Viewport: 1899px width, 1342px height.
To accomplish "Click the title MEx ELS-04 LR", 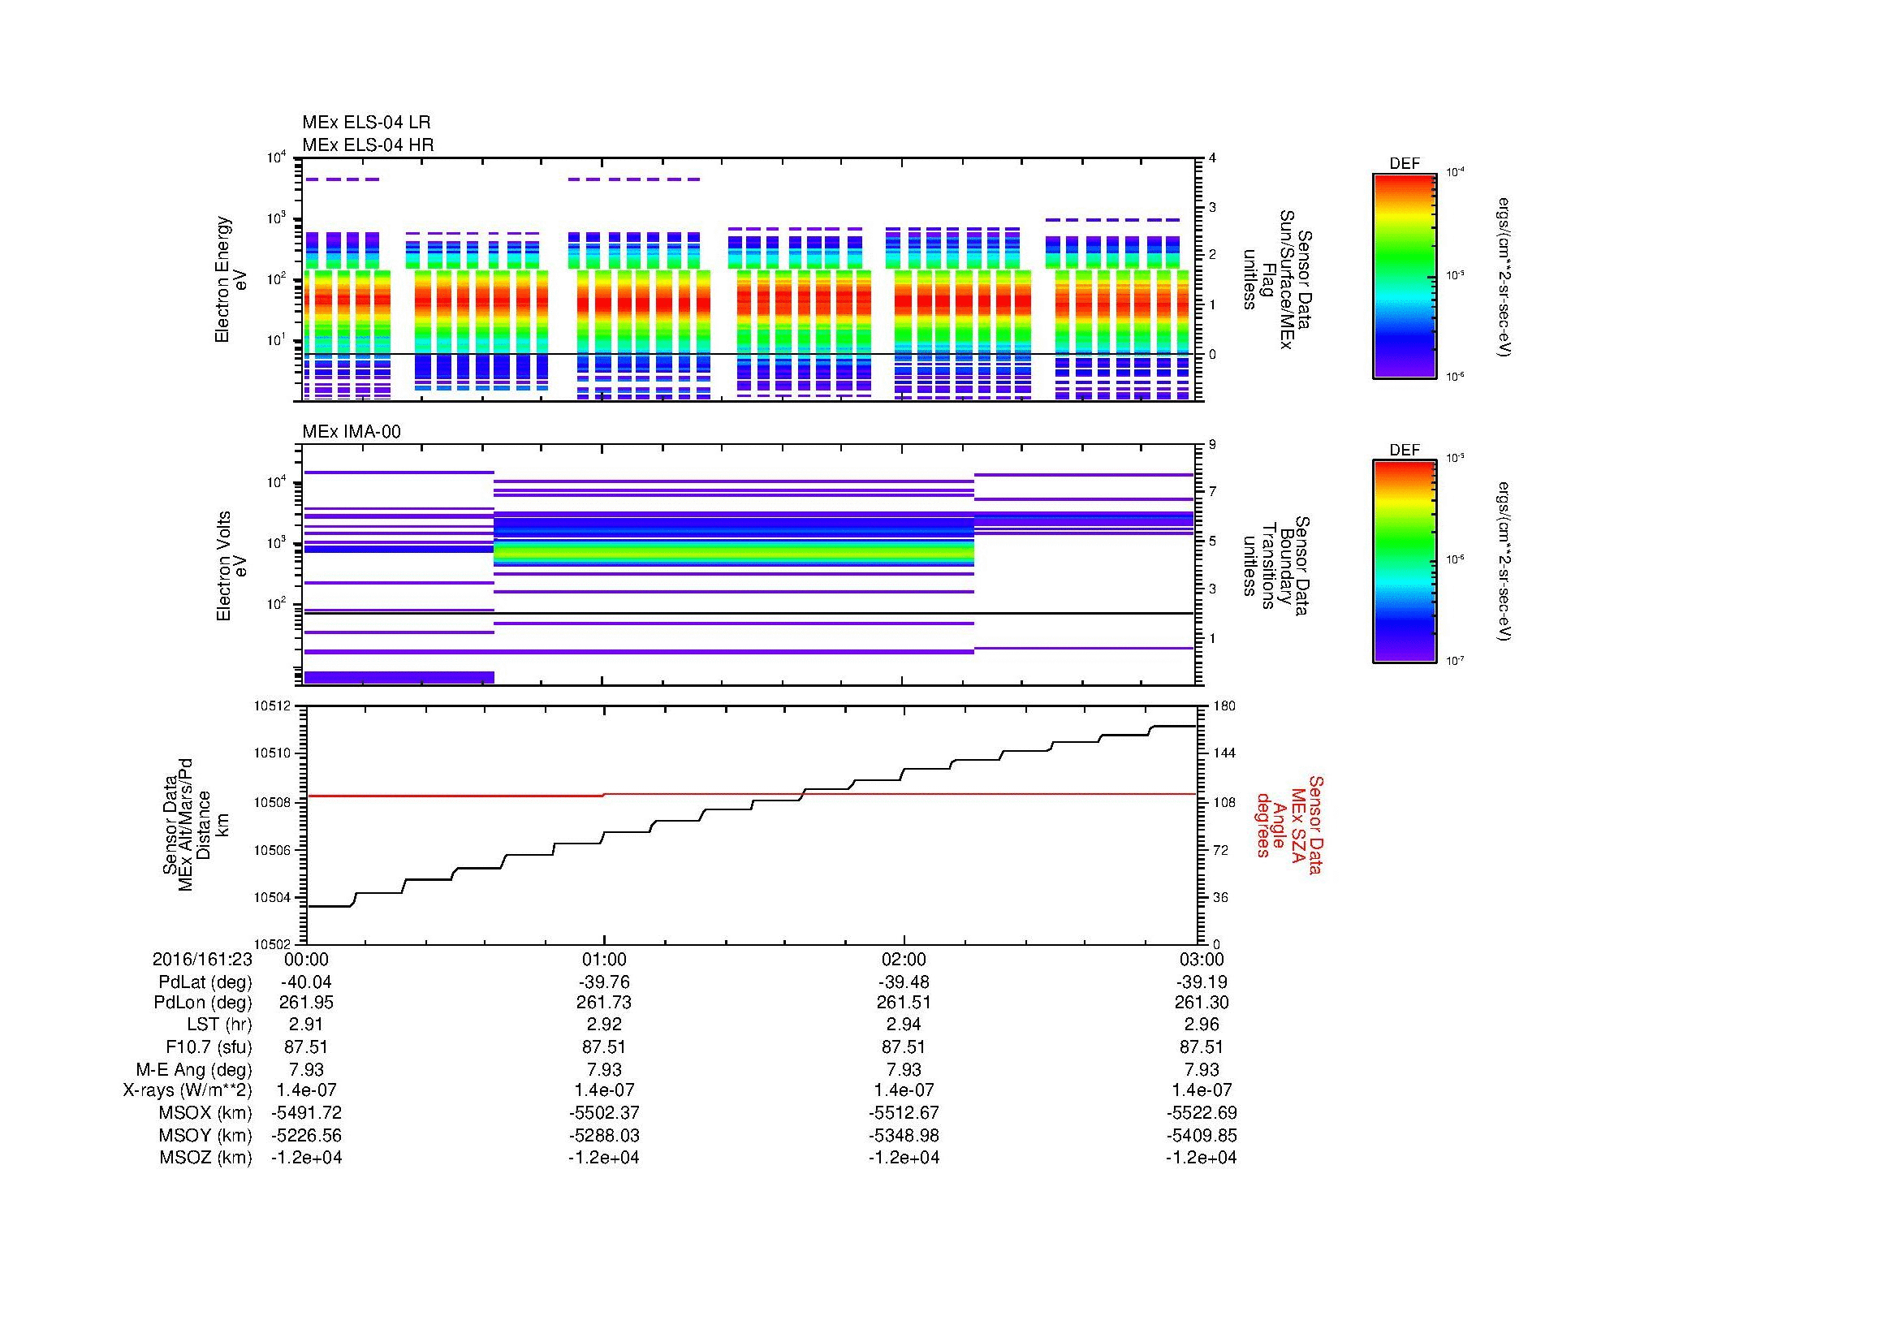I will click(x=366, y=123).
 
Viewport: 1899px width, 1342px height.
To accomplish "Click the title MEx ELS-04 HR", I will click(x=367, y=145).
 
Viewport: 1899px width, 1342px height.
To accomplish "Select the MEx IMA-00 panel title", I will click(x=352, y=432).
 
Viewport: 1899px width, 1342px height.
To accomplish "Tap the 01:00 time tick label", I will click(x=604, y=959).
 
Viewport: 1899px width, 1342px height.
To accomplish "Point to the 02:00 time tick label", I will click(x=904, y=959).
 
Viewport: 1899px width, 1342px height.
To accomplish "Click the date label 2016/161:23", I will click(x=202, y=959).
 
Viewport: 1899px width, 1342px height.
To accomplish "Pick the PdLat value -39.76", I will click(x=604, y=982).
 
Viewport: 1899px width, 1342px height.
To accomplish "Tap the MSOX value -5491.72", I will click(x=306, y=1113).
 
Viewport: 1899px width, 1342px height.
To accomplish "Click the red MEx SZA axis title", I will click(x=1289, y=825).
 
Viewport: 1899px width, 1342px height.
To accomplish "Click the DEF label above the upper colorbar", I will click(x=1404, y=164).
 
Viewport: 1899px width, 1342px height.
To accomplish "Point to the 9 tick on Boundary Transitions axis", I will click(x=1212, y=445).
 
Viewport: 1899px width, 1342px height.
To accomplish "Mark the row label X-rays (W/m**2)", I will click(x=187, y=1090).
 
